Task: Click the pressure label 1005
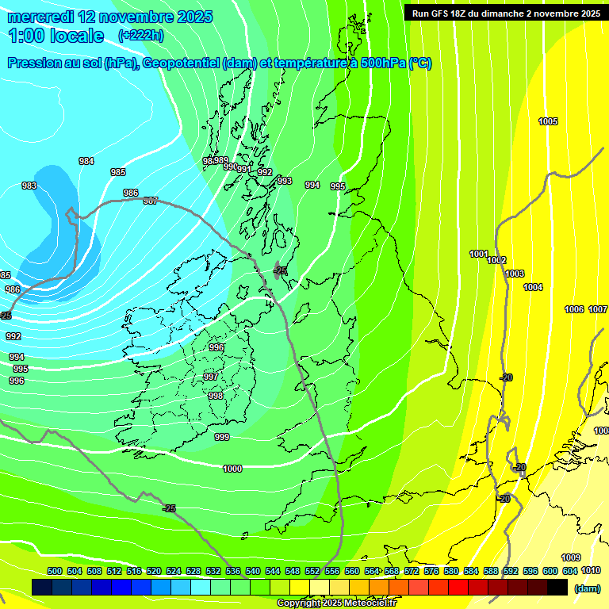(548, 121)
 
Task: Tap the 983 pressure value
(29, 186)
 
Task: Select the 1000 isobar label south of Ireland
(232, 469)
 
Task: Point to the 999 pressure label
(222, 437)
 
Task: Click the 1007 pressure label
(598, 309)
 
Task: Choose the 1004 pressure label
(533, 287)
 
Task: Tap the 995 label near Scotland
(338, 186)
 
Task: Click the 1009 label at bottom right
(571, 557)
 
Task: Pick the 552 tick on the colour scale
(312, 571)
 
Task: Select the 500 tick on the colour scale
(55, 571)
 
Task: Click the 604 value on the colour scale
(570, 571)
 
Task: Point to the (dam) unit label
(587, 588)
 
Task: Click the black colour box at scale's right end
(557, 588)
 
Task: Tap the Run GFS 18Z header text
(506, 13)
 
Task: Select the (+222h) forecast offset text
(141, 35)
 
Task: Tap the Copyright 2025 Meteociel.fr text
(336, 603)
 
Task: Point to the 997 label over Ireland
(211, 377)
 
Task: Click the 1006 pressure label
(574, 309)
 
